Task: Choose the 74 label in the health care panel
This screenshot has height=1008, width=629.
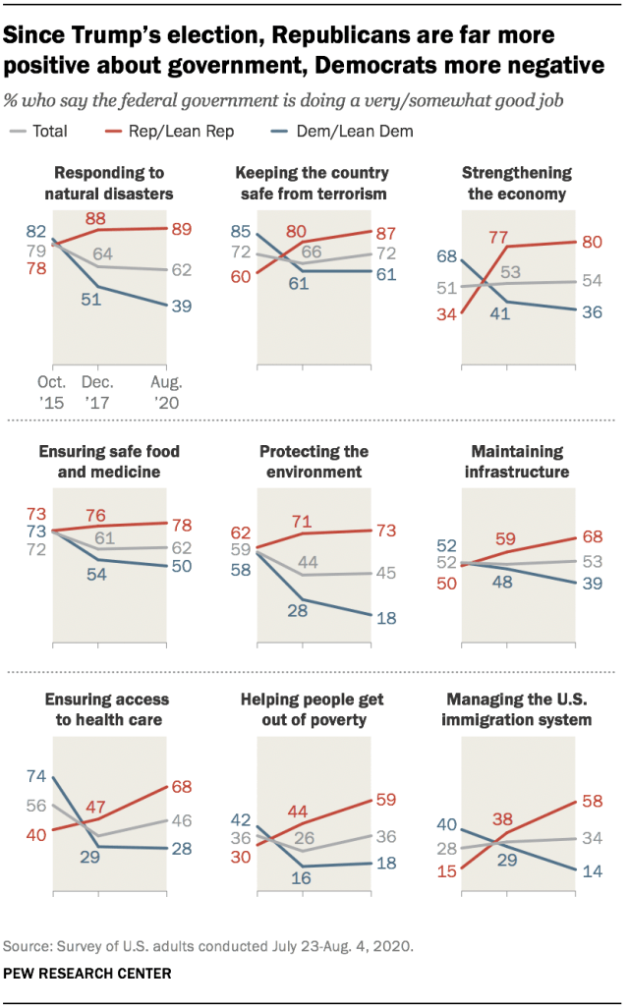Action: click(36, 775)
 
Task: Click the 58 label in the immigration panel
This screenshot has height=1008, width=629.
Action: click(592, 802)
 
